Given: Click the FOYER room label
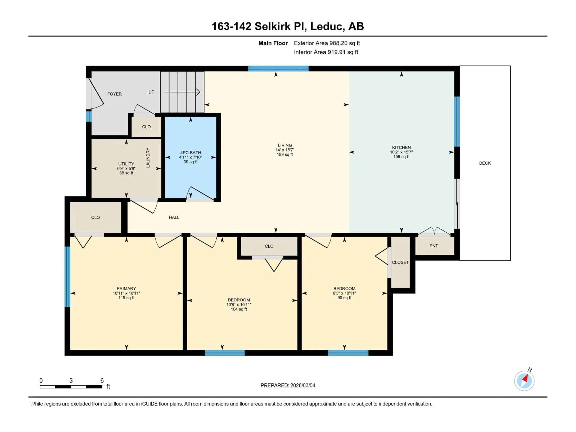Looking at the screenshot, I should [114, 94].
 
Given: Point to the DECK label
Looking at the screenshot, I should [485, 163].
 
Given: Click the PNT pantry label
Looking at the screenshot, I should [433, 246].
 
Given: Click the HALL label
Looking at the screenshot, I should [174, 217].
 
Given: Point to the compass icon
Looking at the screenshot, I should [524, 381].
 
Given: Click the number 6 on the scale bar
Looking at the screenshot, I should [102, 380].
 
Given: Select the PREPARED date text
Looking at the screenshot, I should [288, 385].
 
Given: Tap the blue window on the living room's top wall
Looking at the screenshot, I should [278, 69].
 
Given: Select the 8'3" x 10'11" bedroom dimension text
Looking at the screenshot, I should [344, 293].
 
